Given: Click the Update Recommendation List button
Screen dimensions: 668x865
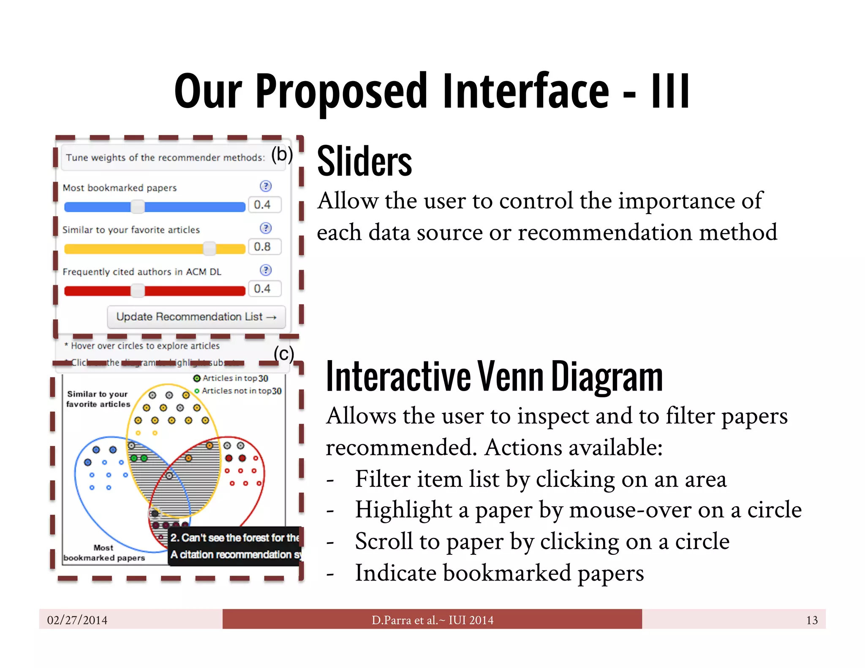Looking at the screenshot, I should point(196,317).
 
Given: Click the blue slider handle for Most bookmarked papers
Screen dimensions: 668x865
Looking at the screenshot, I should point(137,206).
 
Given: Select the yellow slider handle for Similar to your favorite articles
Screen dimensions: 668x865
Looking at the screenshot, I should point(209,248).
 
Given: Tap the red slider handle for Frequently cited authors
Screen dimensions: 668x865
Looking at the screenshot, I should point(137,291).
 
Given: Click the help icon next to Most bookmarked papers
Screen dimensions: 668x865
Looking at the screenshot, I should point(266,186).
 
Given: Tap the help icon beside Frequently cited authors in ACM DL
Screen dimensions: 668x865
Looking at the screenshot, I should point(266,270).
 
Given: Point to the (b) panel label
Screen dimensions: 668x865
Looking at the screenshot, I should point(282,155).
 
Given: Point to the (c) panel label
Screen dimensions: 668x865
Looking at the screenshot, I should point(283,354).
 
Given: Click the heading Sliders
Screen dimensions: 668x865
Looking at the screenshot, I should point(364,161).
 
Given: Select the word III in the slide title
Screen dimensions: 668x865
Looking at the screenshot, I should point(670,91).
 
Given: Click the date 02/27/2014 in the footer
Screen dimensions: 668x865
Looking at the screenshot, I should point(77,620).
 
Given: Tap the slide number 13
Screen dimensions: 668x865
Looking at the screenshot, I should point(811,620).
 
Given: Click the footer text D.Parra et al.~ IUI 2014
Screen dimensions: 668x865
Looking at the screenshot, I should point(432,620).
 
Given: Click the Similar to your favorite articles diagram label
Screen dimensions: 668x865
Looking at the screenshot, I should point(98,399).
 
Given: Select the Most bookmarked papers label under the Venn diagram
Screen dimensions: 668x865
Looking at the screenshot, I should point(104,553).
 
